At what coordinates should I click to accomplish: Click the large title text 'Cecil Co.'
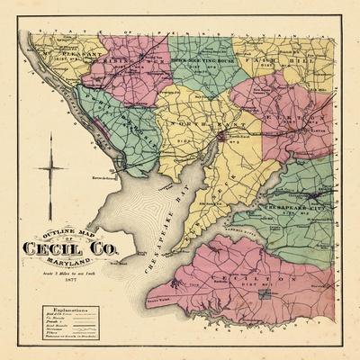click(69, 247)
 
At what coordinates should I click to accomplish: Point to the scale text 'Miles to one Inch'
click(69, 273)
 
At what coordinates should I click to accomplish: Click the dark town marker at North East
click(220, 137)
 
